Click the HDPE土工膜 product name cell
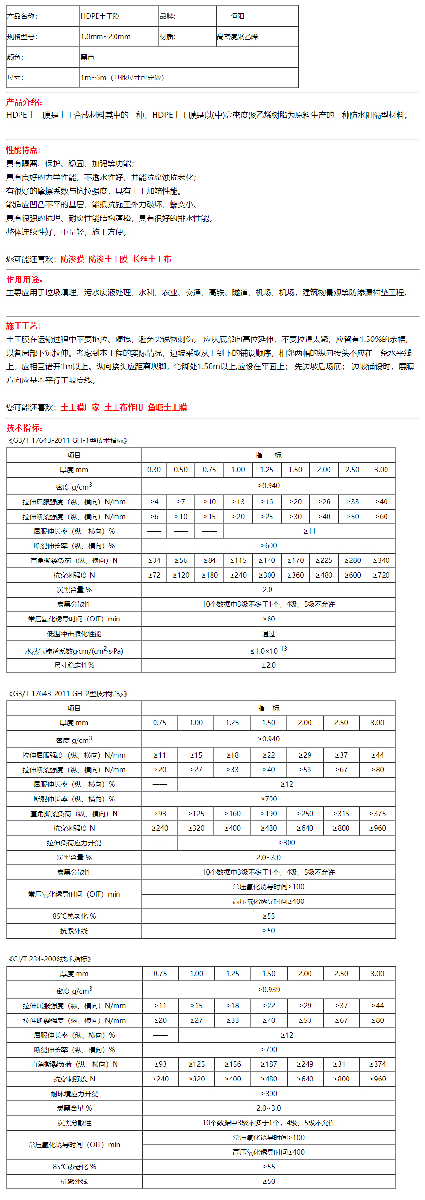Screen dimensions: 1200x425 pyautogui.click(x=100, y=16)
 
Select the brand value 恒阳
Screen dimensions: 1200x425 pyautogui.click(x=237, y=16)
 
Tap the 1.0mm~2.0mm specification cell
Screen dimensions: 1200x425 pyautogui.click(x=106, y=37)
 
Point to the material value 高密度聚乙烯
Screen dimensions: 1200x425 pyautogui.click(x=237, y=37)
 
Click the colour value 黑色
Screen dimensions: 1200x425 pyautogui.click(x=88, y=57)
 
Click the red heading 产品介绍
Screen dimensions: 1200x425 pyautogui.click(x=24, y=102)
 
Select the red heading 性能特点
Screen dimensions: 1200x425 pyautogui.click(x=23, y=150)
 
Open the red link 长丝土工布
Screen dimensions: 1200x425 pyautogui.click(x=152, y=259)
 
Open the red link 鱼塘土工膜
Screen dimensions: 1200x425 pyautogui.click(x=167, y=407)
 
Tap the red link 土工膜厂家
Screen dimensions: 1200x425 pyautogui.click(x=80, y=407)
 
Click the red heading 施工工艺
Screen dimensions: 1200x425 pyautogui.click(x=23, y=326)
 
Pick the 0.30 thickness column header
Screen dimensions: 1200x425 pyautogui.click(x=154, y=470)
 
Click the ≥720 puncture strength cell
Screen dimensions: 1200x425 pyautogui.click(x=381, y=575)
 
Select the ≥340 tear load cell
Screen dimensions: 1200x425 pyautogui.click(x=381, y=560)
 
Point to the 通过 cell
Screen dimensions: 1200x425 pyautogui.click(x=269, y=634)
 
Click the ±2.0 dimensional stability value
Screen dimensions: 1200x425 pyautogui.click(x=269, y=665)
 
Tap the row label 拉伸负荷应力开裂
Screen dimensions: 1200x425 pyautogui.click(x=74, y=843)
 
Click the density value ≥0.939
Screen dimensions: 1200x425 pyautogui.click(x=269, y=990)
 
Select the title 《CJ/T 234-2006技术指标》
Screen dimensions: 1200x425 pyautogui.click(x=49, y=959)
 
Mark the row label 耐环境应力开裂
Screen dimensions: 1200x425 pyautogui.click(x=74, y=1094)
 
